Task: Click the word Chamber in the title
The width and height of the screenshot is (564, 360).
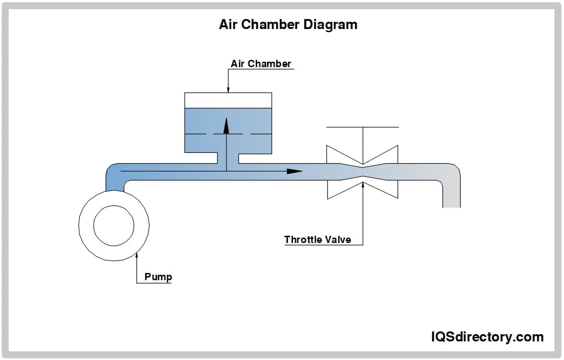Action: tap(270, 24)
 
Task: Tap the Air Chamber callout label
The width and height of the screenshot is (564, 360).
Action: tap(261, 63)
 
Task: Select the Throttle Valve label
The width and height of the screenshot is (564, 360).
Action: tap(317, 240)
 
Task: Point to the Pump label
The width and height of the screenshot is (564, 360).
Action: tap(158, 277)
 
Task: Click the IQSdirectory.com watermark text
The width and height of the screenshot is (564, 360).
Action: tap(487, 337)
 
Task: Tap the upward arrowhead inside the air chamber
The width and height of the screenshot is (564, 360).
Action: tap(226, 126)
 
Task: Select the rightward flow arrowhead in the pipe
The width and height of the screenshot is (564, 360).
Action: tap(295, 171)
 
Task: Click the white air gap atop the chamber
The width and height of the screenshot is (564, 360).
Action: tap(228, 101)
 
